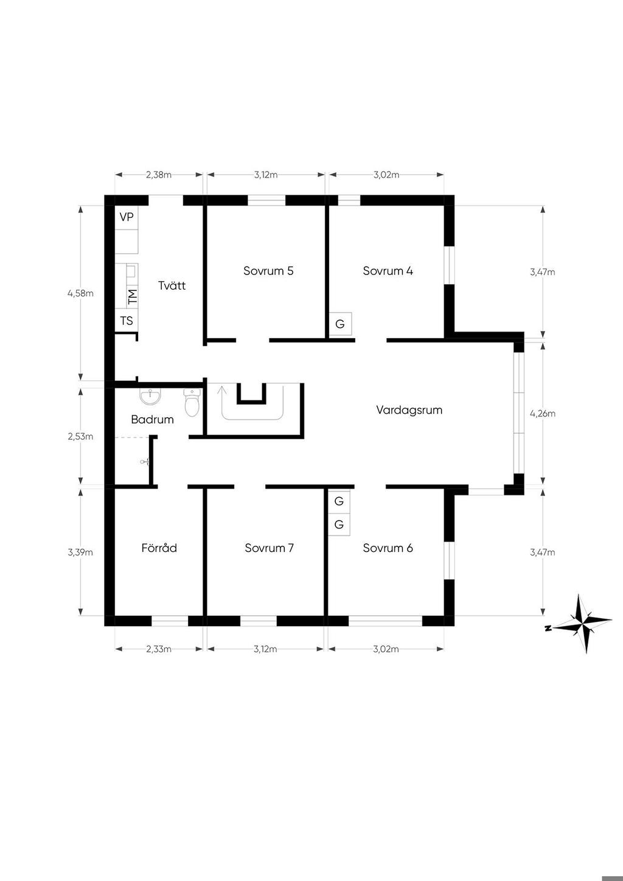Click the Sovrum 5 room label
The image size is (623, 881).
[268, 271]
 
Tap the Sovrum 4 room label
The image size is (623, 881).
[388, 271]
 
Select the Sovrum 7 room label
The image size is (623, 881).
[269, 548]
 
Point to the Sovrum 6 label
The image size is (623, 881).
[388, 548]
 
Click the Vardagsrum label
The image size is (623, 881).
[409, 410]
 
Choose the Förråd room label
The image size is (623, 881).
[159, 548]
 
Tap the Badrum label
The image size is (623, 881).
[152, 419]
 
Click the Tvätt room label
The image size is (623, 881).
[172, 285]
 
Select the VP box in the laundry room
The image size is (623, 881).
[127, 217]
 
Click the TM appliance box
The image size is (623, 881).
[133, 296]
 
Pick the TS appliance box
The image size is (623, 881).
[127, 321]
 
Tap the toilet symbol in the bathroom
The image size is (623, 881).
[192, 403]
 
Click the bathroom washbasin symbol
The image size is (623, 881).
[150, 397]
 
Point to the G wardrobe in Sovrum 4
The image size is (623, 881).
[340, 324]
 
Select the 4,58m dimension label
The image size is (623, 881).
[81, 293]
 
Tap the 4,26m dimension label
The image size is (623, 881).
[543, 413]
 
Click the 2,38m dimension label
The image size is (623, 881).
[159, 175]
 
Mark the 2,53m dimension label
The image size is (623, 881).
[81, 437]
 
